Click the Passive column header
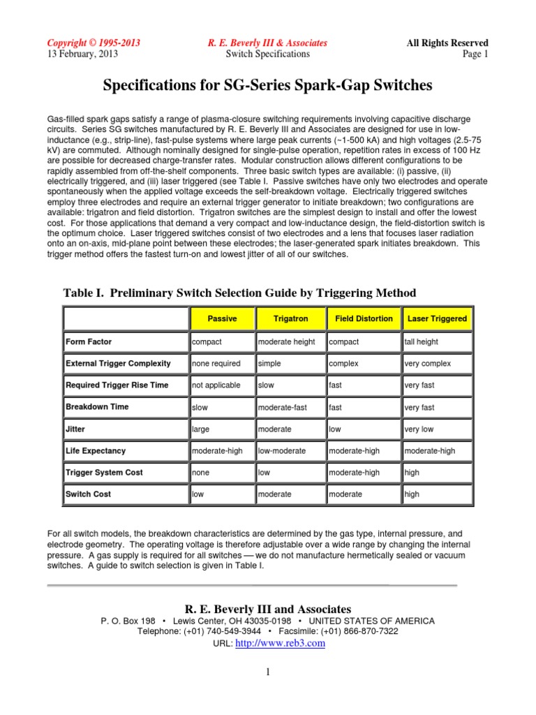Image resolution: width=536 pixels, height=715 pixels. pyautogui.click(x=222, y=318)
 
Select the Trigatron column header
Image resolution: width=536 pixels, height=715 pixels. pyautogui.click(x=290, y=318)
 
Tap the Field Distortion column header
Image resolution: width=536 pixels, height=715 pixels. pyautogui.click(x=364, y=318)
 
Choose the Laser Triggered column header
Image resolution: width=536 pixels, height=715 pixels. pyautogui.click(x=437, y=318)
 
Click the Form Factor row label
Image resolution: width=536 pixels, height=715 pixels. pyautogui.click(x=89, y=342)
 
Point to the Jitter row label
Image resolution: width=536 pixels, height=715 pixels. pyautogui.click(x=75, y=429)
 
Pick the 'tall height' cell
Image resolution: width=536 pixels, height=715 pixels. pyautogui.click(x=421, y=342)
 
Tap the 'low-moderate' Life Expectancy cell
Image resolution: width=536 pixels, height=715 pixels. pyautogui.click(x=282, y=451)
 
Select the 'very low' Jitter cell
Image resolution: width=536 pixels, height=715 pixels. pyautogui.click(x=419, y=429)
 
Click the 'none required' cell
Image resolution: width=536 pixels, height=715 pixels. pyautogui.click(x=216, y=364)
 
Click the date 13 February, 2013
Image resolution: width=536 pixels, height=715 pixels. pyautogui.click(x=82, y=54)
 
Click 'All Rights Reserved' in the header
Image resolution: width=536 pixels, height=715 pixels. pyautogui.click(x=447, y=43)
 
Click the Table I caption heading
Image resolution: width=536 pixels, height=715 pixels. pyautogui.click(x=240, y=293)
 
